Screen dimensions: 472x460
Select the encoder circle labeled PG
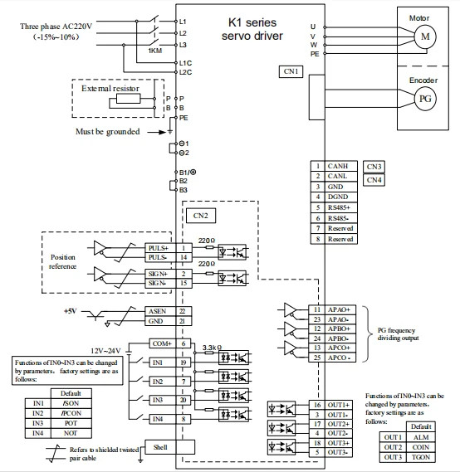tap(423, 99)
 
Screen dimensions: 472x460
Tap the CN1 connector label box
tap(291, 72)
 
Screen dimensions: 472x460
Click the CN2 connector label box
tap(201, 216)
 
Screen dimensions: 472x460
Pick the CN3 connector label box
tap(374, 166)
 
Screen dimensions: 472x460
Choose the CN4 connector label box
tap(374, 179)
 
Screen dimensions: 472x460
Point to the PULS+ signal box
tap(158, 248)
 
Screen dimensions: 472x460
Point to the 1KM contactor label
tap(154, 51)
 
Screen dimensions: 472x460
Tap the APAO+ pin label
tap(336, 309)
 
